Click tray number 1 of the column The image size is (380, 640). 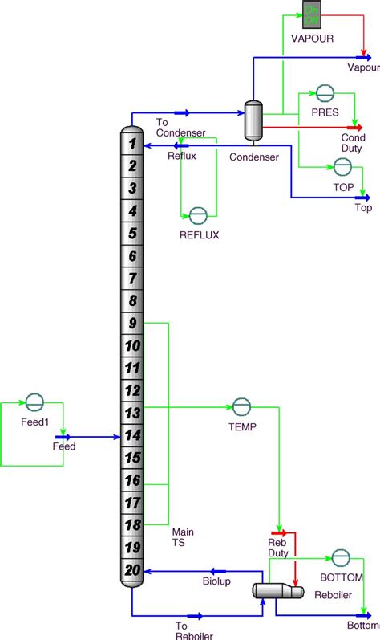[133, 144]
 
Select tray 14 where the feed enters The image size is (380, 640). [133, 435]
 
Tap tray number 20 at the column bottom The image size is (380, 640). [133, 569]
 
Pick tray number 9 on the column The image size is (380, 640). [133, 324]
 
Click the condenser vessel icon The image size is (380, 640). [254, 120]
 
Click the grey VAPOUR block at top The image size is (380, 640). [311, 11]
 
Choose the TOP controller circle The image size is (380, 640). [342, 166]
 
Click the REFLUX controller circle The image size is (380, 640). [197, 214]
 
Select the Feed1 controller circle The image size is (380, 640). [33, 402]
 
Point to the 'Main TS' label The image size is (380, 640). [184, 537]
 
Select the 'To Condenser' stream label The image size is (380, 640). [180, 127]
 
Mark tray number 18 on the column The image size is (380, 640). [133, 524]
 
